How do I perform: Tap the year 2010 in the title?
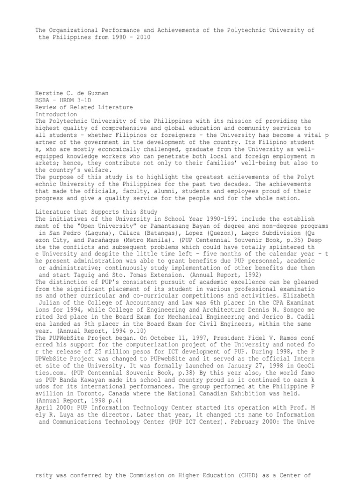point(143,37)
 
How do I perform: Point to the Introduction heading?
point(57,114)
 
